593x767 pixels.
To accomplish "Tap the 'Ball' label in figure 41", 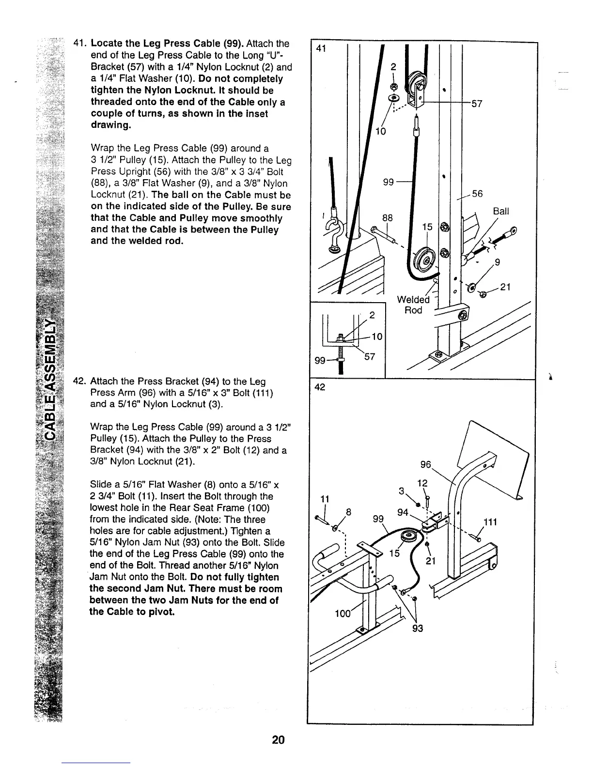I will [x=501, y=212].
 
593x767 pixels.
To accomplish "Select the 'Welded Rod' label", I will [x=413, y=305].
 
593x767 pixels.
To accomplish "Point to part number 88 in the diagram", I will [x=387, y=218].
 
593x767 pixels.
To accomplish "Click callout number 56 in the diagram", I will [x=477, y=194].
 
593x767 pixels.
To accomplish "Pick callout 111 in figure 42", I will [x=491, y=522].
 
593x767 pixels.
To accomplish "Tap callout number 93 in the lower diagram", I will [x=417, y=629].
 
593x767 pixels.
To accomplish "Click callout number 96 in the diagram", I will [x=426, y=465].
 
